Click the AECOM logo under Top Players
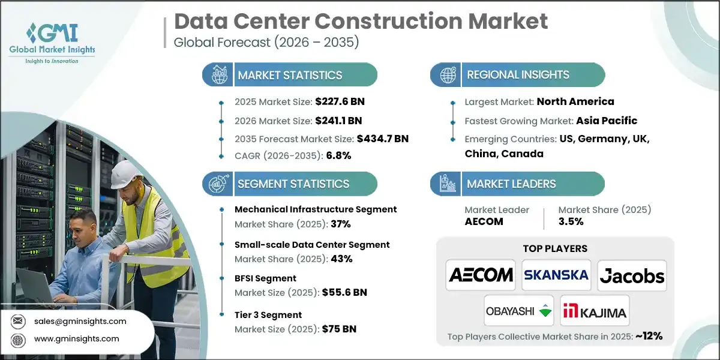[x=481, y=275]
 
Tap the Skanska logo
[x=556, y=275]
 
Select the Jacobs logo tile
[x=632, y=275]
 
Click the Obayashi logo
[x=519, y=311]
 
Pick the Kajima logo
[x=595, y=311]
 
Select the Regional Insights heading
[x=518, y=75]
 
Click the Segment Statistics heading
[x=293, y=184]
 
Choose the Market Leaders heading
[x=511, y=184]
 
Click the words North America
[x=575, y=101]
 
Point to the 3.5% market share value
[x=571, y=221]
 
